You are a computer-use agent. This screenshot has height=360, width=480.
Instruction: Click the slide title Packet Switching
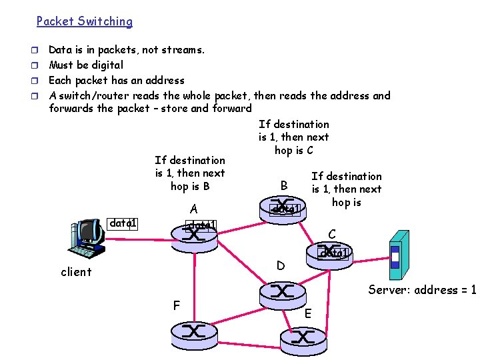84,21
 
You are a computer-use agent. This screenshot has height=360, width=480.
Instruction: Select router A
194,233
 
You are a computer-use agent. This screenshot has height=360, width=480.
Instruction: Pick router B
283,207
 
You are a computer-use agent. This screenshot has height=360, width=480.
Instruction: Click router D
283,291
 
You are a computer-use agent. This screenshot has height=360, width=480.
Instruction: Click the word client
76,272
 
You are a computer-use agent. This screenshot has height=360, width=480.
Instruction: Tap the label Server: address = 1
422,290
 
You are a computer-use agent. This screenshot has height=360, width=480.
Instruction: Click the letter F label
176,306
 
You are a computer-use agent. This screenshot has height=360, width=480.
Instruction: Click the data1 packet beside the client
123,223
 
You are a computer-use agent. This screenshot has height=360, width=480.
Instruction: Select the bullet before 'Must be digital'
39,65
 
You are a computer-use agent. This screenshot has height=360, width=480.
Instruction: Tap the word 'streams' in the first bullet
183,50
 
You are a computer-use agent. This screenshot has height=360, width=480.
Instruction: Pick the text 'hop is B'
190,187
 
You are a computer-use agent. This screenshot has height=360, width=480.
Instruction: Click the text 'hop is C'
293,151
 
